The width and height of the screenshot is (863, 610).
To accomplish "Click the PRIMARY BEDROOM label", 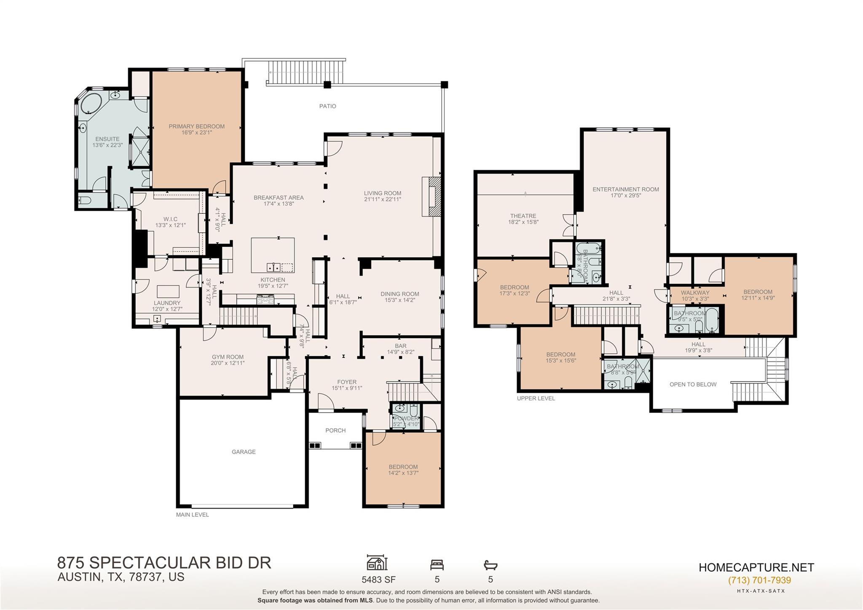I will pyautogui.click(x=196, y=126).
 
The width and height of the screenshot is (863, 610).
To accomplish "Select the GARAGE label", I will pyautogui.click(x=244, y=452).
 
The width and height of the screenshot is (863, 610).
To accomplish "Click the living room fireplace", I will pyautogui.click(x=431, y=196).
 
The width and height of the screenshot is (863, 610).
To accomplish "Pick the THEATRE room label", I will pyautogui.click(x=523, y=216).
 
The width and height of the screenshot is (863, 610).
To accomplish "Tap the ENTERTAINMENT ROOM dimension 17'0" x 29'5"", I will pyautogui.click(x=626, y=196).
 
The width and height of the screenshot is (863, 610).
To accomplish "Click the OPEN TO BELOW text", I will pyautogui.click(x=693, y=384).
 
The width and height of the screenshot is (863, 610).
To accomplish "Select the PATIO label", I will pyautogui.click(x=327, y=106).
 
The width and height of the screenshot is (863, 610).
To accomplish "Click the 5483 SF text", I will pyautogui.click(x=378, y=579).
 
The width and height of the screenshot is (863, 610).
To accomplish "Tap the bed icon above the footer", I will pyautogui.click(x=437, y=565).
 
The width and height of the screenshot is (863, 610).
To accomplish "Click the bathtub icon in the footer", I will pyautogui.click(x=490, y=565).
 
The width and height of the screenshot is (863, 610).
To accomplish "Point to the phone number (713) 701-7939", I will pyautogui.click(x=759, y=580).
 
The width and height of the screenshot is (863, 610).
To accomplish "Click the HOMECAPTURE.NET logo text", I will pyautogui.click(x=756, y=567).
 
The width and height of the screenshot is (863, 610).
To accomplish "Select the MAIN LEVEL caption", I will pyautogui.click(x=192, y=515).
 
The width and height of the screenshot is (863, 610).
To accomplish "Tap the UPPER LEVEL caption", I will pyautogui.click(x=536, y=398).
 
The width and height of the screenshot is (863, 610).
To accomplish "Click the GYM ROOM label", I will pyautogui.click(x=228, y=357).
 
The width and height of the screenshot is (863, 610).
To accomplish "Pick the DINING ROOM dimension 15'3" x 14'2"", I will pyautogui.click(x=399, y=300).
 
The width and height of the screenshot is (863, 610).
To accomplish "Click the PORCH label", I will pyautogui.click(x=335, y=430).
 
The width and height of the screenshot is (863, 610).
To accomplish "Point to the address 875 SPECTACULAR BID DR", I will pyautogui.click(x=164, y=563).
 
